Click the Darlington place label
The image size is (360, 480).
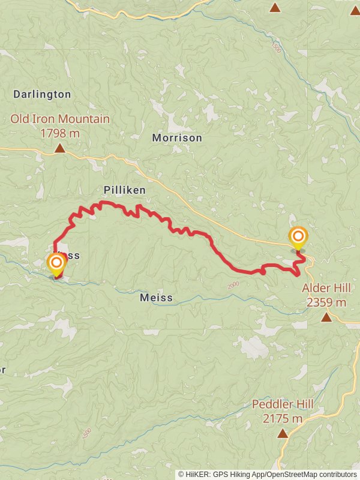tap(42, 94)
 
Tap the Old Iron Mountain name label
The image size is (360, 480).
tap(60, 119)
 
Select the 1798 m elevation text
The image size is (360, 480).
tap(60, 133)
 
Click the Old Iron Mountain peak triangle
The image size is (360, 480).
tap(60, 148)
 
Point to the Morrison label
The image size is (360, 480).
tap(177, 138)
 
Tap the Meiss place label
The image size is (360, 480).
tap(156, 298)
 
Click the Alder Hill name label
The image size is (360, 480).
tap(325, 289)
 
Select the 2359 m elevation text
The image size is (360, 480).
tap(326, 302)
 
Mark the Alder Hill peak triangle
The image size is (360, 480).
tap(326, 317)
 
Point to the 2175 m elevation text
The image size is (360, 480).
tap(282, 418)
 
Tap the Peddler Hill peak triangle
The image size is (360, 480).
tap(282, 433)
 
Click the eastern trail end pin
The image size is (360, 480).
tap(298, 236)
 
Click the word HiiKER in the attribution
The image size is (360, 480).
tap(199, 474)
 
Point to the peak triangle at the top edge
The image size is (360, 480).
tap(275, 7)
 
